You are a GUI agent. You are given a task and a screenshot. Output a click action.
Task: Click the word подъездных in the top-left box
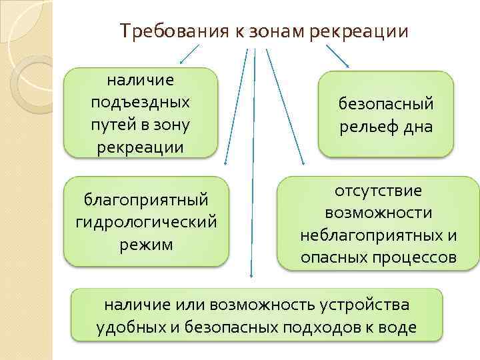[140, 102]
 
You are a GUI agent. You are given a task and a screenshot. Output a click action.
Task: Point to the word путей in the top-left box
[113, 124]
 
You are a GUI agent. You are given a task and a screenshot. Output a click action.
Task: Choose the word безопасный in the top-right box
[386, 103]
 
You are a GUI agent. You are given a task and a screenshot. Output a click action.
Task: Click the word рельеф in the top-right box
[367, 126]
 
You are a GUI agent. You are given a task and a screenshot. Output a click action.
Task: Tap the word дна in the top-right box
[418, 126]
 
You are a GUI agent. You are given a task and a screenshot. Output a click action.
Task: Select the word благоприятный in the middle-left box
[146, 199]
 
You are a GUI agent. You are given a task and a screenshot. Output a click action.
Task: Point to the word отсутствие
[378, 191]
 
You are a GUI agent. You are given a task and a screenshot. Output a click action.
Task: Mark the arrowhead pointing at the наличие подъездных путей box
[181, 61]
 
